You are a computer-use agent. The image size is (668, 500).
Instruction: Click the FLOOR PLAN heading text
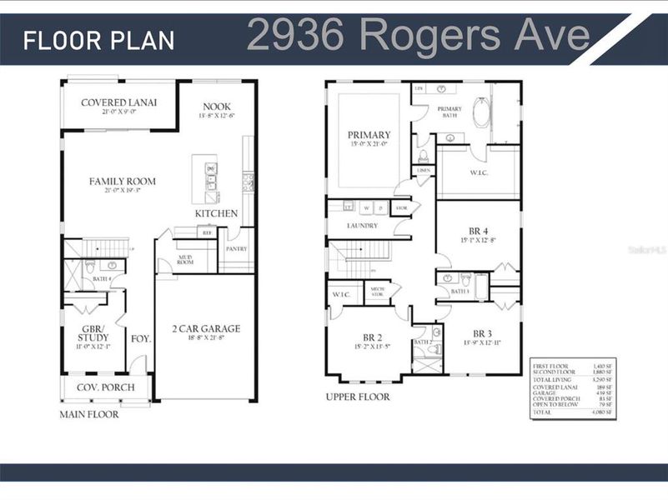(99, 40)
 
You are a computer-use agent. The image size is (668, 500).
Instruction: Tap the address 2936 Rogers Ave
(418, 36)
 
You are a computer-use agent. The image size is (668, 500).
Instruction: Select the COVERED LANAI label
(118, 102)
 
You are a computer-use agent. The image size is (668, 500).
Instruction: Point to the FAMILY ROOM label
(123, 181)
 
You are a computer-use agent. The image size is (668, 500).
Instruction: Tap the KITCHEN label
(216, 213)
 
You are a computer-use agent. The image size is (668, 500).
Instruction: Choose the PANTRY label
(237, 248)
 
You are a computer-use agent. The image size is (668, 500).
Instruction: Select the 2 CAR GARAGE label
(206, 328)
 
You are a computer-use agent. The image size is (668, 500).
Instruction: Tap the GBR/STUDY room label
(93, 333)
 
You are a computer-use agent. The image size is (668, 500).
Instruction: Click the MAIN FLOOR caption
(88, 414)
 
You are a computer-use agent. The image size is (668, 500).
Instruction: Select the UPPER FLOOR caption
(358, 397)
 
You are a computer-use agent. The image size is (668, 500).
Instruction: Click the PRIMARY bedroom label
(369, 135)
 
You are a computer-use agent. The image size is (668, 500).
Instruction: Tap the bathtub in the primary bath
(481, 112)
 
